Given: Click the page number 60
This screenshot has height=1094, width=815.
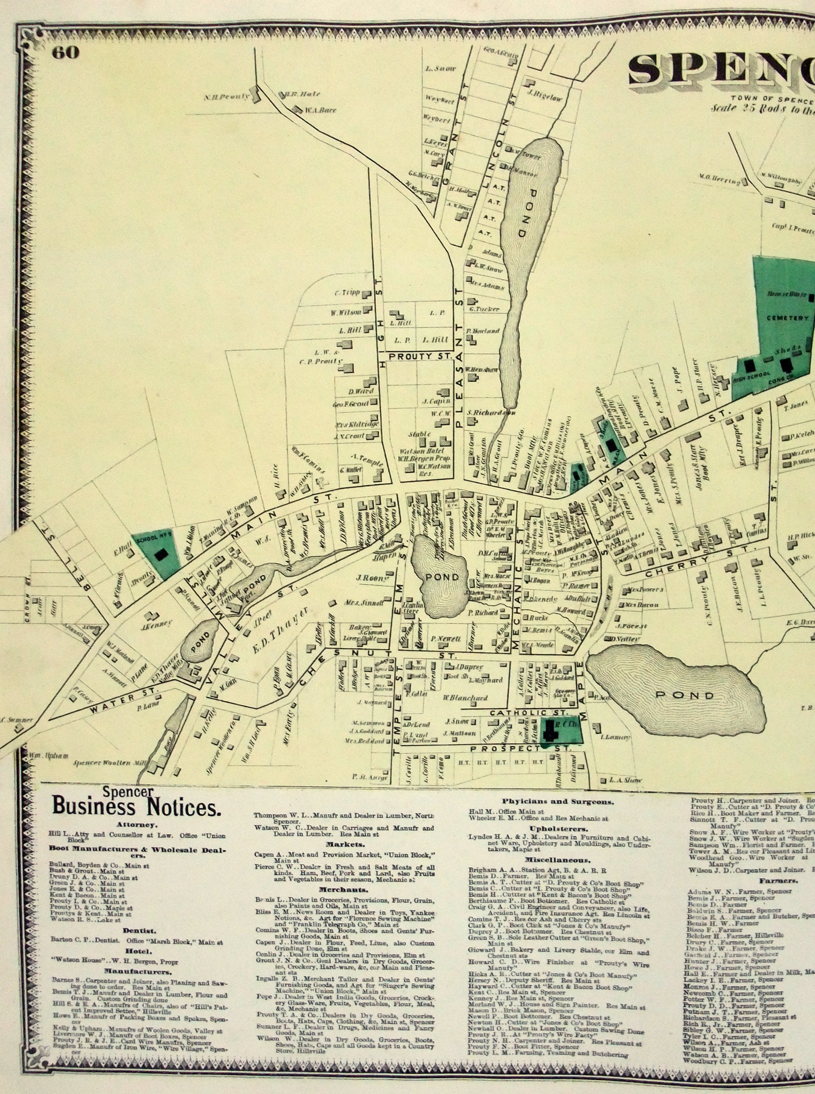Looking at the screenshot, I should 66,53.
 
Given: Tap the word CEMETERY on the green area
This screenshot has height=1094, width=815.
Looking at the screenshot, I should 787,318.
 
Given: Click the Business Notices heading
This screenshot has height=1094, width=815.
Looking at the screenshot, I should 137,807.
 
